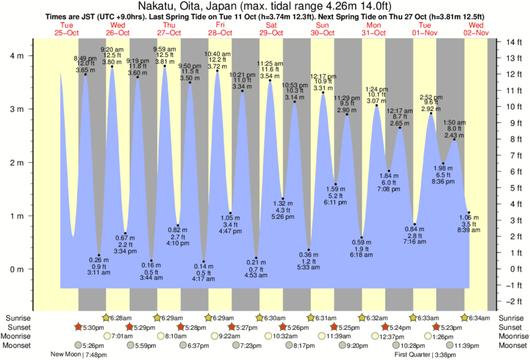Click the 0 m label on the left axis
[x=17, y=269]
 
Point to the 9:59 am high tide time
[x=164, y=49]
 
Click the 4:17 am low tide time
[x=203, y=279]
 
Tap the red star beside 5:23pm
[x=436, y=327]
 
